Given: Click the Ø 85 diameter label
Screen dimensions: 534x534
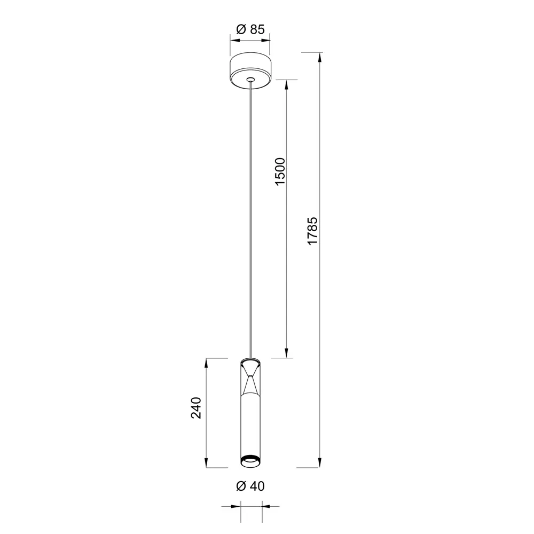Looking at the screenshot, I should coord(250,30).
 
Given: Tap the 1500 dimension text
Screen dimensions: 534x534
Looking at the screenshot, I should coord(280,172).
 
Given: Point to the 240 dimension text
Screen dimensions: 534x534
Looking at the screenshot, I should coord(197,408).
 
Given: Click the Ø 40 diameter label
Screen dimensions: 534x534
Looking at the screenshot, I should coord(250,486).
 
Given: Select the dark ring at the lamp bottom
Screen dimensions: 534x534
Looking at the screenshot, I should coord(250,460).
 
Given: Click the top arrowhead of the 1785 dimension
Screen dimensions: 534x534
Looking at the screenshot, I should coord(320,56).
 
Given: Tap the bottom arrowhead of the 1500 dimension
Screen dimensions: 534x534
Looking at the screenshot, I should coord(287,353).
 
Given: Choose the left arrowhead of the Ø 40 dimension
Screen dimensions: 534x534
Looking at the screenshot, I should coord(236,506).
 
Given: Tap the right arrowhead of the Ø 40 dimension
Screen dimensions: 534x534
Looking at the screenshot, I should coord(265,506).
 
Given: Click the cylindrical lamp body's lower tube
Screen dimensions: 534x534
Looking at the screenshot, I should coord(250,427).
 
